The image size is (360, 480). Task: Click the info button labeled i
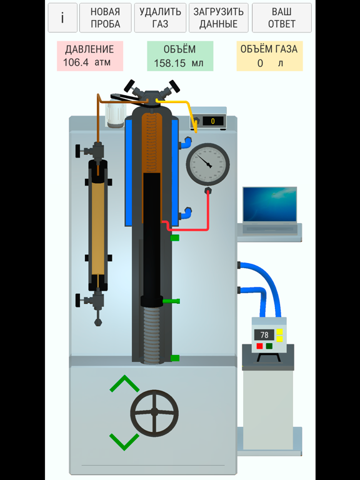coord(62,17)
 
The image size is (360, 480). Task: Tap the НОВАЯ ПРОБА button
coord(105,17)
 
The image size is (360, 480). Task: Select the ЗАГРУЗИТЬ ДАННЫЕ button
coord(219,17)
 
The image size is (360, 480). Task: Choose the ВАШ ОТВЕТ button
coord(282,17)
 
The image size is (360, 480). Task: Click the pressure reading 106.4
coord(76,62)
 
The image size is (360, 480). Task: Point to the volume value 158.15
coord(170,63)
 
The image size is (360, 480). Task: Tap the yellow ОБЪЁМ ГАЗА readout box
coord(270,56)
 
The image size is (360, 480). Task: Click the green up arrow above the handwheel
coord(124,384)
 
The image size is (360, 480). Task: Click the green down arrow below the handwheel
coord(124,442)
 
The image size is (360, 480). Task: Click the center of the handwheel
coord(154,413)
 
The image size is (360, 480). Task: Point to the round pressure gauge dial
coord(208,165)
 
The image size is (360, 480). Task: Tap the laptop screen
coord(270,204)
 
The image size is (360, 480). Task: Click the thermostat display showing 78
coord(264,334)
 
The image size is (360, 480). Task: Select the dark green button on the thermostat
coord(269,346)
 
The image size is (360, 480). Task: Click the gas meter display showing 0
coord(212,121)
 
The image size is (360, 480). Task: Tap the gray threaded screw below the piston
coord(152,335)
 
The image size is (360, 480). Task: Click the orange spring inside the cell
coord(151,142)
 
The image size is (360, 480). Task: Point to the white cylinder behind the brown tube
coord(116,114)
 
